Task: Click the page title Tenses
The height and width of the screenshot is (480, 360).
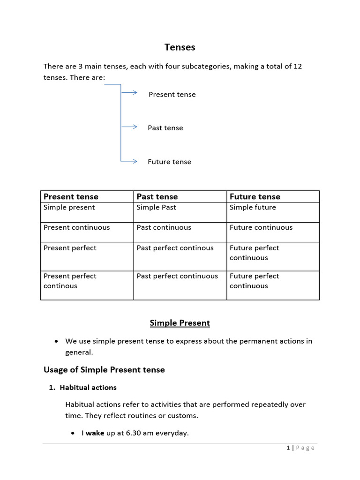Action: (x=180, y=47)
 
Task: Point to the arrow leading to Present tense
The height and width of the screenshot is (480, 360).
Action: (x=129, y=93)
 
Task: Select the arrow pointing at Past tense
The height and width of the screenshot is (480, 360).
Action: (x=129, y=127)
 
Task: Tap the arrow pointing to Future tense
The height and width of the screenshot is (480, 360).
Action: (x=129, y=161)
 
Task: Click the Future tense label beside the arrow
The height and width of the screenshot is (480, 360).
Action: (x=169, y=162)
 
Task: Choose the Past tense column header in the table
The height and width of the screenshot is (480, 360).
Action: (x=157, y=196)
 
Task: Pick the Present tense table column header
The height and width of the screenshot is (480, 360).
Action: (x=71, y=196)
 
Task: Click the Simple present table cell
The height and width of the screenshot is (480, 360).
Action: (x=69, y=207)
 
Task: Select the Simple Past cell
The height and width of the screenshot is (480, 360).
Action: (x=156, y=207)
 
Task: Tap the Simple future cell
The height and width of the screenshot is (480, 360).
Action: (x=253, y=207)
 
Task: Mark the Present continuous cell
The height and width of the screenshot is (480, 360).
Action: (x=76, y=227)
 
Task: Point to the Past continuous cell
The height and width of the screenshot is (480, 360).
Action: (x=164, y=227)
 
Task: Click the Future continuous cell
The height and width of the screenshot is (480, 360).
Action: (x=261, y=227)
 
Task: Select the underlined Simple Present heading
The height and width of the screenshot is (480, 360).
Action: (x=180, y=323)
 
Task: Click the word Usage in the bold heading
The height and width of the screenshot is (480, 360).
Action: (x=55, y=370)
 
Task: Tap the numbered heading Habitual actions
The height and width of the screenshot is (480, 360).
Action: (x=88, y=388)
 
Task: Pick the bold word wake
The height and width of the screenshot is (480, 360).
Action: (x=95, y=433)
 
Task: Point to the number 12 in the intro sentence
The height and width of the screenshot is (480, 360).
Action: (x=297, y=66)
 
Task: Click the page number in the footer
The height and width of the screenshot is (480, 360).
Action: (x=288, y=448)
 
